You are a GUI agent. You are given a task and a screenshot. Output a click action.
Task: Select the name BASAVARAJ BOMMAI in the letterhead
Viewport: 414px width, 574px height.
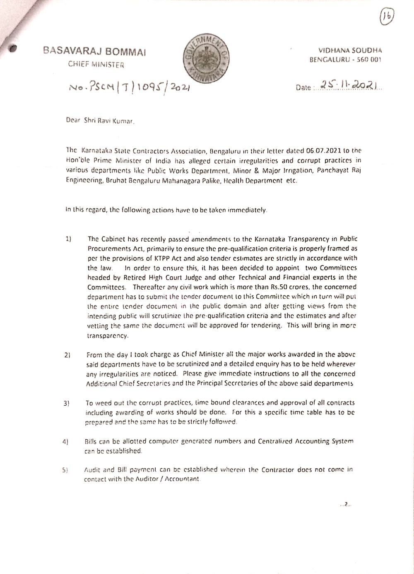pyautogui.click(x=94, y=52)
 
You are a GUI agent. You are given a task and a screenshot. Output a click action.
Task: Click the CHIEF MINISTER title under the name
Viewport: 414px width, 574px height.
pyautogui.click(x=96, y=64)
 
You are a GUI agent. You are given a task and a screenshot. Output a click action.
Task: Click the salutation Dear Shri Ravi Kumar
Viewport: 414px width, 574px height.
pyautogui.click(x=101, y=121)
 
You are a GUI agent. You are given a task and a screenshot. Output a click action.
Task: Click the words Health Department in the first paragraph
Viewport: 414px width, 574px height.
pyautogui.click(x=256, y=181)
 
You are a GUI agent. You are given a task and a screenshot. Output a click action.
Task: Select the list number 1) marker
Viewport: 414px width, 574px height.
pyautogui.click(x=68, y=239)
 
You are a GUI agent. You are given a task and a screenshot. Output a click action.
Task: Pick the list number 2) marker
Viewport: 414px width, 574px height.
pyautogui.click(x=67, y=355)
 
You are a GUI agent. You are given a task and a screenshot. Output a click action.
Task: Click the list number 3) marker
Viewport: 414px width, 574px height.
pyautogui.click(x=66, y=403)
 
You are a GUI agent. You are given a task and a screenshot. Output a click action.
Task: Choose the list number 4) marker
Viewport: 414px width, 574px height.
pyautogui.click(x=65, y=442)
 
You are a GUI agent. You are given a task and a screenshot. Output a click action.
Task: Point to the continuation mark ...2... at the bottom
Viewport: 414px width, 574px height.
pyautogui.click(x=345, y=504)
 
